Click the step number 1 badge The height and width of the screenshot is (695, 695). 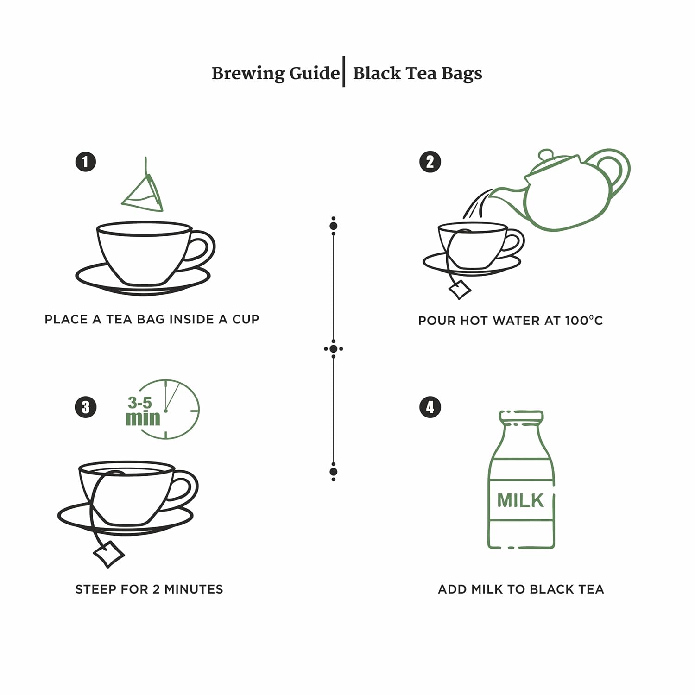[85, 162]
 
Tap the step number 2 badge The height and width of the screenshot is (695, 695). [430, 162]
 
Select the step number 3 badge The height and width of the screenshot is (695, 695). [85, 407]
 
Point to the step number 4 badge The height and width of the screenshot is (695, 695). [430, 407]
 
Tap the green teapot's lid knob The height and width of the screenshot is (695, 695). [546, 154]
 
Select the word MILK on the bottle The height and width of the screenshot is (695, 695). [520, 500]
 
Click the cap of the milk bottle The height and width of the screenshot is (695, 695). [521, 416]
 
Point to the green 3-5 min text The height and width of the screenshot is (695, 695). [143, 411]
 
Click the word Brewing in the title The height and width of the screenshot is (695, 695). [248, 74]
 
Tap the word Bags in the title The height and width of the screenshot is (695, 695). [461, 74]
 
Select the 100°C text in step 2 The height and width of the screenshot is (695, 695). [584, 321]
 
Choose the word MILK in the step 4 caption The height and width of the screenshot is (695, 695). [487, 589]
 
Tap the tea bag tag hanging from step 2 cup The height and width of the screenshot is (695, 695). [460, 290]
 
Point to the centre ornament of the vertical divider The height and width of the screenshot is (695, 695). [334, 349]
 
